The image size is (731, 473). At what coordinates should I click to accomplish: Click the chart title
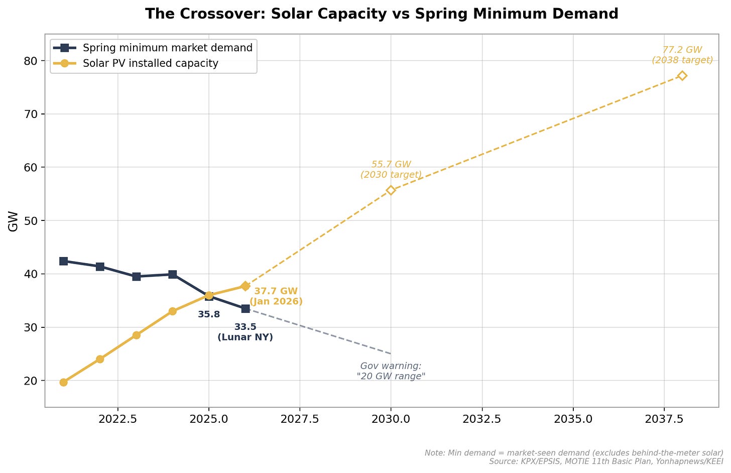click(382, 14)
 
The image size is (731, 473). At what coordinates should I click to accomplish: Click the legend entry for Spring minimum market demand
click(167, 48)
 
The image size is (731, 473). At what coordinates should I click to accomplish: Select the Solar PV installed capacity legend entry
click(150, 64)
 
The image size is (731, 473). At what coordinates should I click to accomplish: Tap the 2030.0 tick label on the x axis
click(391, 419)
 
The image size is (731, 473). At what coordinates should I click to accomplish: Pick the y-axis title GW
click(14, 221)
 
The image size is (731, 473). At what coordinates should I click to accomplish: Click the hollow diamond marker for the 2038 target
click(682, 76)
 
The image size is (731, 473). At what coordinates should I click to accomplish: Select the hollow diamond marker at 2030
click(391, 190)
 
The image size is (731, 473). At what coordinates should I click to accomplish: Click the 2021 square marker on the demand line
click(63, 261)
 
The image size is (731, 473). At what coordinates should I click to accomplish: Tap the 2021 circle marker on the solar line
click(63, 382)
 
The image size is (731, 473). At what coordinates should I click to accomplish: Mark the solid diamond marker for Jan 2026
click(245, 286)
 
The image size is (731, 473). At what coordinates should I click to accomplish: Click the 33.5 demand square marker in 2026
click(245, 308)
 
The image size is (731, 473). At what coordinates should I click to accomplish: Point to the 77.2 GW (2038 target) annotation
click(682, 55)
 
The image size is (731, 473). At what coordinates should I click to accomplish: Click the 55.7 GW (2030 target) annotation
click(391, 170)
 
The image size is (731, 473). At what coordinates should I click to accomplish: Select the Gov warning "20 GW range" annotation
click(391, 371)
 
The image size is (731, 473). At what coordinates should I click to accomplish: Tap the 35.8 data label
click(209, 315)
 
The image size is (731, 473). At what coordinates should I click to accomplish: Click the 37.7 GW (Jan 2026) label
click(276, 296)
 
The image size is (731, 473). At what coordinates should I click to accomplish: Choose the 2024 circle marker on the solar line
click(172, 311)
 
